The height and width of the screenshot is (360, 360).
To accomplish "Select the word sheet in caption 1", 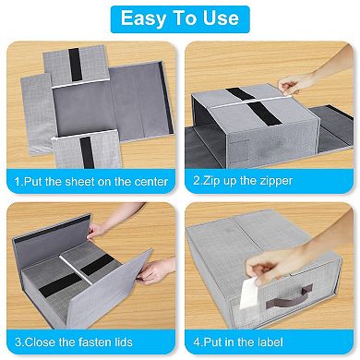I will (83, 182).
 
